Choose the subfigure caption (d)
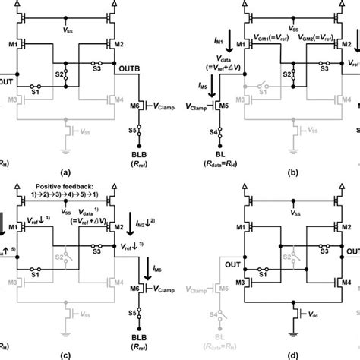point(292,355)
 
